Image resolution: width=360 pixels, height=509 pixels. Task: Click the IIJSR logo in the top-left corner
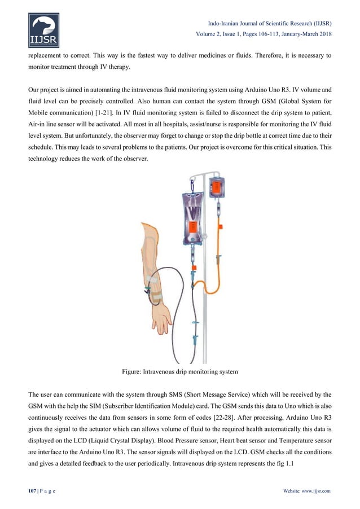(44, 31)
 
